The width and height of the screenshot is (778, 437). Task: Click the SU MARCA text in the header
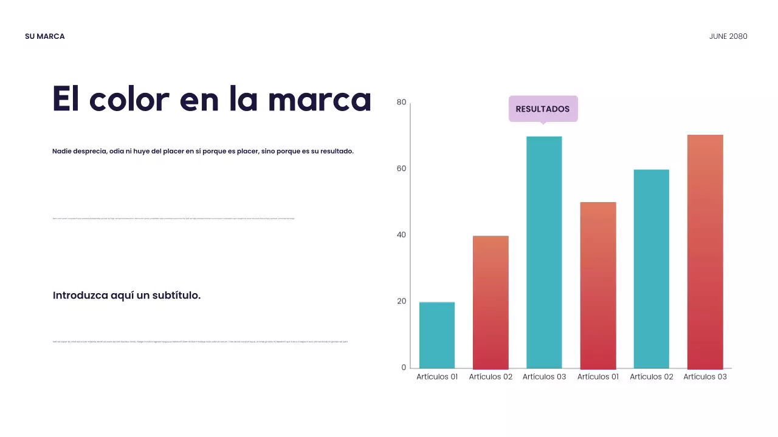[x=44, y=36]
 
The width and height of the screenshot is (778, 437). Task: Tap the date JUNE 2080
[x=728, y=36]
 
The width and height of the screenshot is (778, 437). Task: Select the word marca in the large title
[x=319, y=99]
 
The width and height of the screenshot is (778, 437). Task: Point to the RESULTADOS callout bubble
[x=543, y=109]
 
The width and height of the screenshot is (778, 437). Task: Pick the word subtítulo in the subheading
[x=174, y=296]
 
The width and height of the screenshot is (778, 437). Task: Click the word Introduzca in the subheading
[x=80, y=296]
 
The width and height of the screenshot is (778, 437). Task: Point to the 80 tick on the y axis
[x=401, y=103]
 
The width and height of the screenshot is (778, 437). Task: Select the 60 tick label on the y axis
[x=401, y=169]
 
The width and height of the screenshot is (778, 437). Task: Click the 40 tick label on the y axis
[x=401, y=235]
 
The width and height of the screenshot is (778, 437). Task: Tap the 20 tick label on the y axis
[x=401, y=301]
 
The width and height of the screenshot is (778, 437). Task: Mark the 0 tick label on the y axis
[x=404, y=367]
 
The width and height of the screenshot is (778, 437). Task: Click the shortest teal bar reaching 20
[x=437, y=335]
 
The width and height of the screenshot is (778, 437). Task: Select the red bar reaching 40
[x=491, y=302]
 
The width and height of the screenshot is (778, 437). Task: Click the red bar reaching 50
[x=598, y=285]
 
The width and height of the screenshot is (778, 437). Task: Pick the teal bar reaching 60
[x=651, y=269]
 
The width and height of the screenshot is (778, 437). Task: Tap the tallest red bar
[x=705, y=252]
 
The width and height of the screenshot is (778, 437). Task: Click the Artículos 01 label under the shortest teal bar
[x=437, y=377]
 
